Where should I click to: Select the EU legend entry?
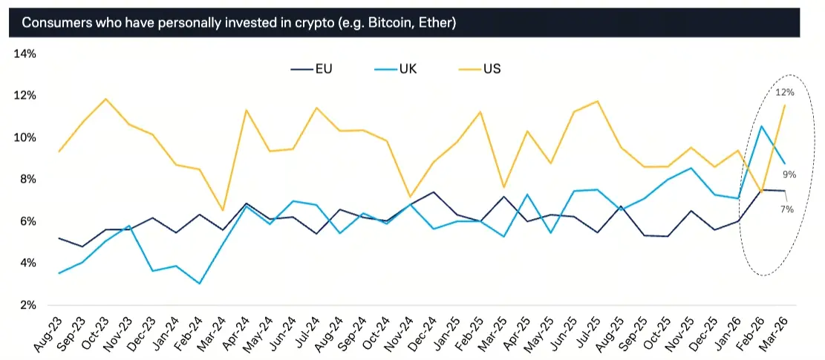coord(323,69)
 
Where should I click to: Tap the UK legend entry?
coord(407,69)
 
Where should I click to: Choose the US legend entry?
coord(492,69)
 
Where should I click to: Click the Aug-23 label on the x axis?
coord(49,333)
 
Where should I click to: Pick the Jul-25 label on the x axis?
coord(587,333)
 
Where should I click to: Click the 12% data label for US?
coord(785,93)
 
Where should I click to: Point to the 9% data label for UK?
coord(789,174)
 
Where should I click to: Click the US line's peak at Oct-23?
coord(106,99)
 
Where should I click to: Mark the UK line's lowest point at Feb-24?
coord(200,284)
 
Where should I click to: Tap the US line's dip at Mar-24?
coord(223,211)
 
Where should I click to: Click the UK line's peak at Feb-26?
coord(761,126)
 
